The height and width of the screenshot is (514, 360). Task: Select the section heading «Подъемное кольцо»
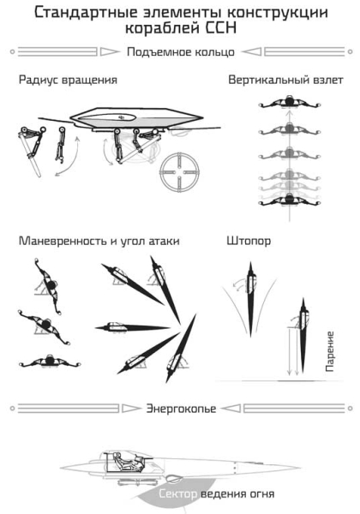coord(180,52)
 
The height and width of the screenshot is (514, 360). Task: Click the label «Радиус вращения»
coord(68,81)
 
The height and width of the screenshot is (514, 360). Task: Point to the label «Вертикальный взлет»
coord(285,81)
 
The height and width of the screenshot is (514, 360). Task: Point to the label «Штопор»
coord(251,242)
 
